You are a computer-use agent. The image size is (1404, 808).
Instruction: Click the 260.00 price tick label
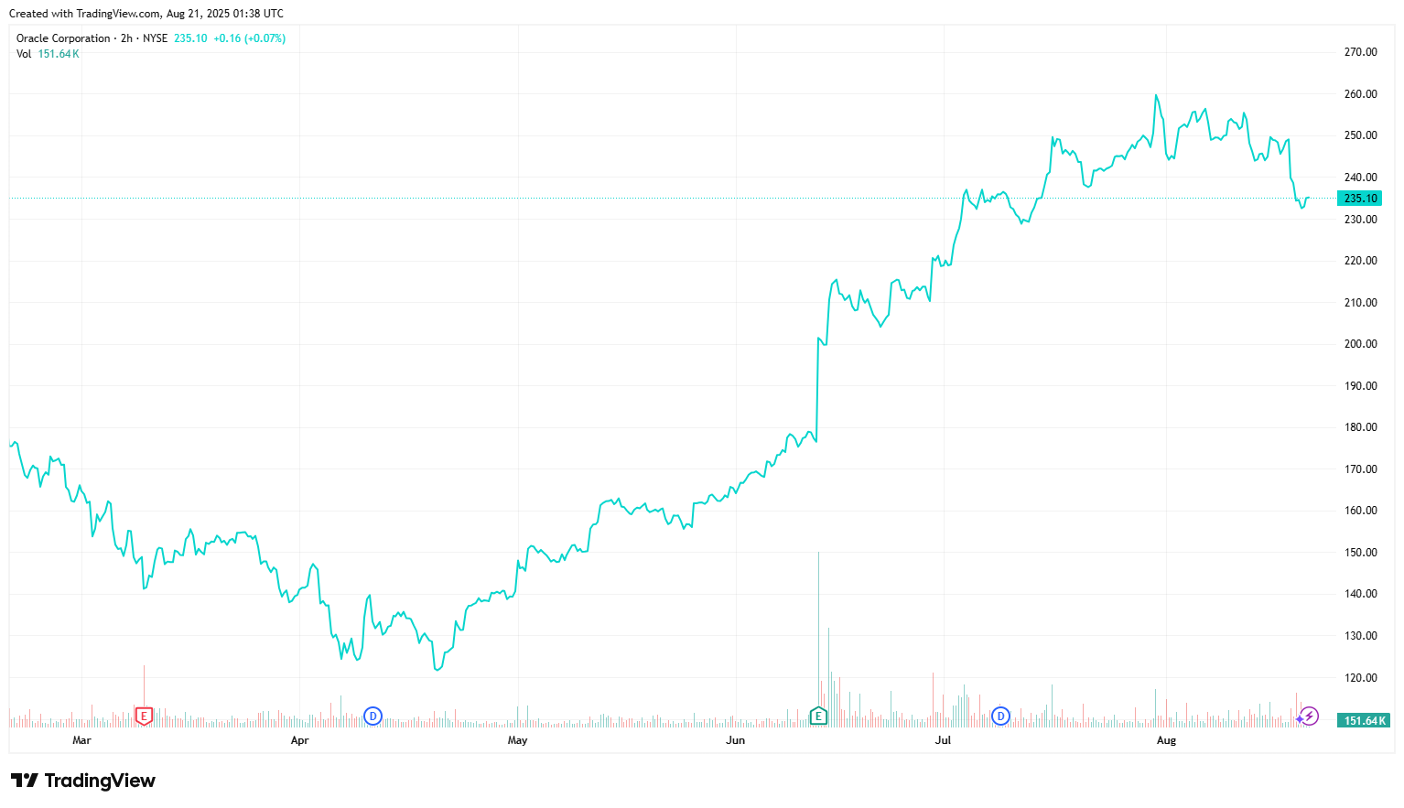tap(1360, 94)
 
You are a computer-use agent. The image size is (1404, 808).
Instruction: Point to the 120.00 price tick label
tap(1360, 678)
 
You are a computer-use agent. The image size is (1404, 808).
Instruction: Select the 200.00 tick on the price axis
tap(1360, 344)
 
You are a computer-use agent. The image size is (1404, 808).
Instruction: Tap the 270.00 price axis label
tap(1360, 52)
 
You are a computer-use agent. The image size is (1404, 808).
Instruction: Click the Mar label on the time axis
tap(81, 740)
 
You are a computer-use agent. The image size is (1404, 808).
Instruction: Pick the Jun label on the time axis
tap(735, 740)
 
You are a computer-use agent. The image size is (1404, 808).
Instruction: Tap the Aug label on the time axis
tap(1166, 740)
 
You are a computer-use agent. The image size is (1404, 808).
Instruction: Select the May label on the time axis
tap(517, 740)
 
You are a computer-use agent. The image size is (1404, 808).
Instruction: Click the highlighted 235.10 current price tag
tap(1360, 199)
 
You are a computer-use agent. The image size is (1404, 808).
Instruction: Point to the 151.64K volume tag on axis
tap(1364, 721)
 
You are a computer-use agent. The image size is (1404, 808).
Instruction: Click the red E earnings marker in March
tap(144, 716)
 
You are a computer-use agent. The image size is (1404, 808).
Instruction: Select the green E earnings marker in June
tap(818, 716)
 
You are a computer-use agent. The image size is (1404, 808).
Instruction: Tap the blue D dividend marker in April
tap(373, 716)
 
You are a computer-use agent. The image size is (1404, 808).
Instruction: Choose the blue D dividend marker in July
tap(1000, 716)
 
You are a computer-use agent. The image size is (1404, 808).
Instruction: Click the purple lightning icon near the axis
tap(1310, 716)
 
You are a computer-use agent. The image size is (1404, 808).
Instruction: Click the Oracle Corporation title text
tap(63, 38)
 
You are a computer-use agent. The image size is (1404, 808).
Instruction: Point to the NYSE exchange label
tap(155, 38)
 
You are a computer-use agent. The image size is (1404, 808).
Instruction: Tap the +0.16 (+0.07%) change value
tap(249, 38)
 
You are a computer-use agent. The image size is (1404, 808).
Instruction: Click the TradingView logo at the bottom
tap(83, 781)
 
